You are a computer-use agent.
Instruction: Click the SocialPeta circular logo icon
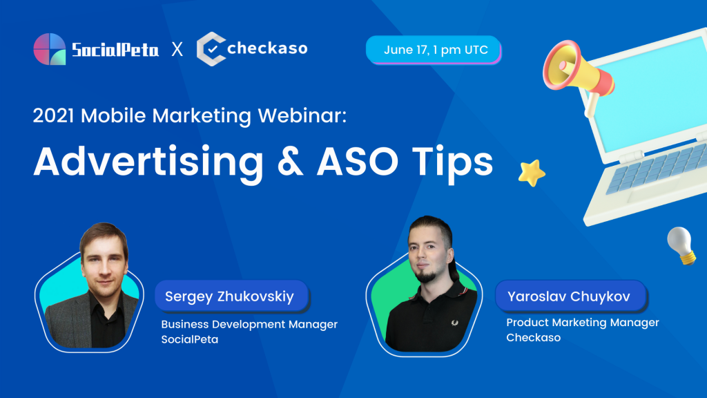50,49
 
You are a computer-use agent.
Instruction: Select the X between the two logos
177,49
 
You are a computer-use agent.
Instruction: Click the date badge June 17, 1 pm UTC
434,50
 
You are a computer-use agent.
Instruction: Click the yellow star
532,173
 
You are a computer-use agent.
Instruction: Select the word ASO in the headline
358,162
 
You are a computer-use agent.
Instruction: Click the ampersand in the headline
291,162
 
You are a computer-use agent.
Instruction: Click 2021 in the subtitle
53,115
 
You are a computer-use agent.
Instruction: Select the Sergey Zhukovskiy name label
231,296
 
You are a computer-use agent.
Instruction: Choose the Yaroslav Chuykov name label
571,296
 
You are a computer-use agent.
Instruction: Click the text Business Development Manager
249,325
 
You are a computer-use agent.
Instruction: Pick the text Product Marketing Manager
583,323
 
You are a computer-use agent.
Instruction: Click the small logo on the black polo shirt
454,323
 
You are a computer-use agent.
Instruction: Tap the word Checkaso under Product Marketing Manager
534,337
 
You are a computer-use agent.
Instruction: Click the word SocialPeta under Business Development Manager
189,339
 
